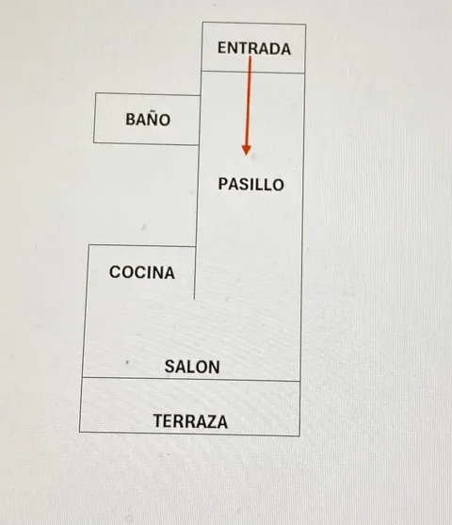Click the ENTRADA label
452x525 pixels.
tap(254, 48)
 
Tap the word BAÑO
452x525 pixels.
tap(148, 119)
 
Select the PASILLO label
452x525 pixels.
tap(250, 185)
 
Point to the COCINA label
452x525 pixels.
tap(142, 272)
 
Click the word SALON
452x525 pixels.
tap(192, 367)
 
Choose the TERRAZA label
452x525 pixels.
tap(190, 421)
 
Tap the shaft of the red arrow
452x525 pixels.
tap(249, 101)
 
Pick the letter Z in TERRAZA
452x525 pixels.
tap(211, 421)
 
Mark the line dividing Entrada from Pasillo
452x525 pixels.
tap(253, 72)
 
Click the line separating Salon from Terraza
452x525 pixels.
tap(191, 379)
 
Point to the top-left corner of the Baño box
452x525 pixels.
tap(96, 93)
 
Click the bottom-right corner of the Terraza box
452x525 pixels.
tap(299, 435)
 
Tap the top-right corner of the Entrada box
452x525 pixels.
tap(305, 25)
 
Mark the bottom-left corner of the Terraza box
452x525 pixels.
tap(80, 432)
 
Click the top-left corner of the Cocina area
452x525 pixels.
tap(89, 245)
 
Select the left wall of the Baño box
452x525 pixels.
tap(95, 118)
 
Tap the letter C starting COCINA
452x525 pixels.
tap(115, 271)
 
